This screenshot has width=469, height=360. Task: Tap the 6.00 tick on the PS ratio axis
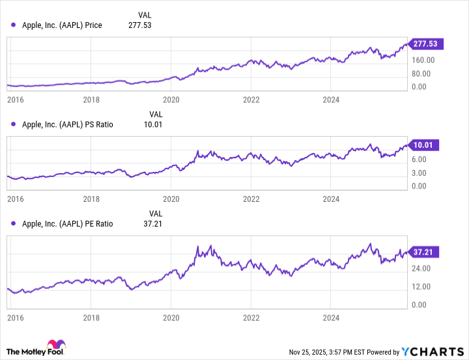tap(421, 159)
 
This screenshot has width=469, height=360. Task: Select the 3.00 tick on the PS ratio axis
tap(421, 173)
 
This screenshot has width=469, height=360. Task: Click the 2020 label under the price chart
tap(171, 100)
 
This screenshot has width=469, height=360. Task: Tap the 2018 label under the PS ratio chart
tap(92, 199)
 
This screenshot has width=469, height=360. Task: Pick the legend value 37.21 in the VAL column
tap(152, 224)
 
